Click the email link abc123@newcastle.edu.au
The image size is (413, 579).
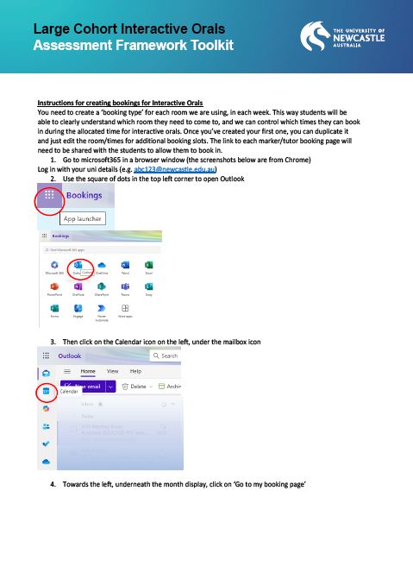tap(185, 169)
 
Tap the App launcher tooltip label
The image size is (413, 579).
tap(84, 219)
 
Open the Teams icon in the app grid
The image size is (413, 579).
tap(125, 287)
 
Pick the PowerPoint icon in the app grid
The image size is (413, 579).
tap(55, 287)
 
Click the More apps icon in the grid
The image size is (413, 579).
tap(125, 310)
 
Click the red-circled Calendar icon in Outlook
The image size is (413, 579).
tap(47, 391)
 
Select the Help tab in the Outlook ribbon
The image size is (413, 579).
tap(135, 370)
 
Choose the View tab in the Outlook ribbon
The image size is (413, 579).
tap(112, 370)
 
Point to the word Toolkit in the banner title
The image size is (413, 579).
tap(202, 45)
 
